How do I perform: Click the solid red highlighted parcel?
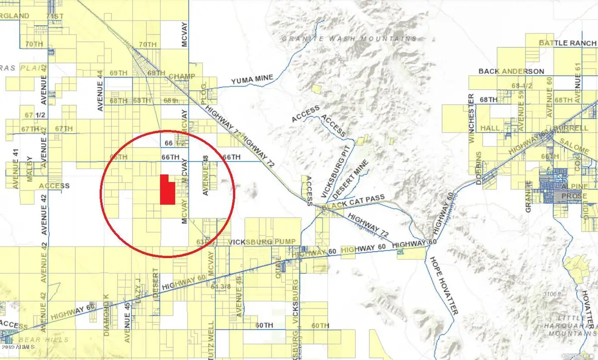point(167,190)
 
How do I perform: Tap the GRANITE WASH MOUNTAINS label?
point(349,38)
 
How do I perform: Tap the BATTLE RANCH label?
point(568,43)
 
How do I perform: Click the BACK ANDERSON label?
point(511,71)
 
